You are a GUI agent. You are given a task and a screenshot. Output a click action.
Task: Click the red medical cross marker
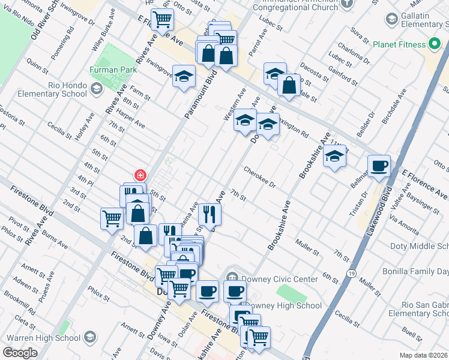[x=140, y=175]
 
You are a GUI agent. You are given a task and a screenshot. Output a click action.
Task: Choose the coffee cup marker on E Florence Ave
[x=379, y=166]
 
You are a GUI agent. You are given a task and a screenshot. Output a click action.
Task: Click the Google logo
[x=20, y=353]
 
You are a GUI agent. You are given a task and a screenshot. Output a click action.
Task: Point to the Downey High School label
[x=293, y=305]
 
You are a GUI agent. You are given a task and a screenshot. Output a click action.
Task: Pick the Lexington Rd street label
[x=292, y=127]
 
